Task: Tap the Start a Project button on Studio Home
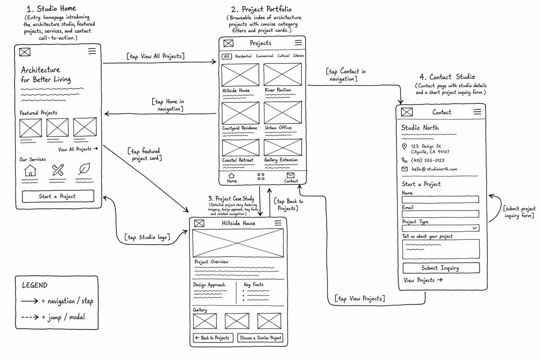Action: tap(58, 196)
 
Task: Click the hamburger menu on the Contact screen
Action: tap(477, 112)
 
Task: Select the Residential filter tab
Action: tap(243, 56)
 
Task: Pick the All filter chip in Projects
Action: tap(227, 56)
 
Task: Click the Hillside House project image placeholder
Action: tap(240, 75)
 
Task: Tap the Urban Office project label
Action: tap(278, 127)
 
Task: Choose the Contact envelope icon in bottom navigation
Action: tap(291, 175)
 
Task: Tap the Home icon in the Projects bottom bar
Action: tap(231, 175)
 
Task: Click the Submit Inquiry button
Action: tap(441, 268)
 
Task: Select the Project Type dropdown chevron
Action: tap(474, 228)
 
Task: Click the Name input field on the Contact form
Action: tap(440, 199)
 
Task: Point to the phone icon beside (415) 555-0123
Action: tap(404, 160)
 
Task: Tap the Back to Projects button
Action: tap(213, 338)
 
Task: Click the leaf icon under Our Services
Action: tap(84, 169)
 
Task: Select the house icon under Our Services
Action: tap(30, 171)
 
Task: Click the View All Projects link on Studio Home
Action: tap(78, 149)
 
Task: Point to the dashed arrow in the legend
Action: tap(30, 317)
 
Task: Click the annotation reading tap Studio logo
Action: tap(147, 237)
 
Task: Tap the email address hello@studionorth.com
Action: tap(434, 169)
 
